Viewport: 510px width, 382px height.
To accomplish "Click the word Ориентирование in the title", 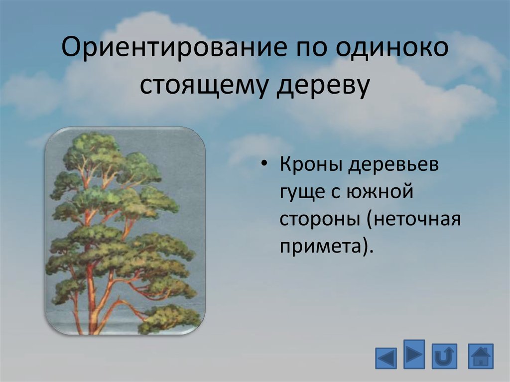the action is pyautogui.click(x=175, y=47).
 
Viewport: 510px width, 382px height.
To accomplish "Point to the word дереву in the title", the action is pyautogui.click(x=323, y=85).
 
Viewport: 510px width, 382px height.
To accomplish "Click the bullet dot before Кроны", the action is pyautogui.click(x=264, y=164).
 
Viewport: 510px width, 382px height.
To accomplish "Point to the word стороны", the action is pyautogui.click(x=320, y=219).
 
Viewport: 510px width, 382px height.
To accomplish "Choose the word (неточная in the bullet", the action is pyautogui.click(x=414, y=219).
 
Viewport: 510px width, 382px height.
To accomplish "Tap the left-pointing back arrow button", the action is pyautogui.click(x=386, y=358).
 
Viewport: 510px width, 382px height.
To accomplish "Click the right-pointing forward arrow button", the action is pyautogui.click(x=414, y=354).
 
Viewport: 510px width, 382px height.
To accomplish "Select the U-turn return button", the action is pyautogui.click(x=444, y=356).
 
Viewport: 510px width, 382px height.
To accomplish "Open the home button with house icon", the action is pyautogui.click(x=481, y=356).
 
